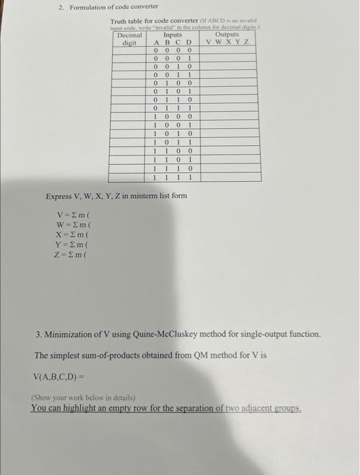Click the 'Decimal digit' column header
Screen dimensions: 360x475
pyautogui.click(x=129, y=38)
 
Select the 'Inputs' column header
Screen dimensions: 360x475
pyautogui.click(x=173, y=34)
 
